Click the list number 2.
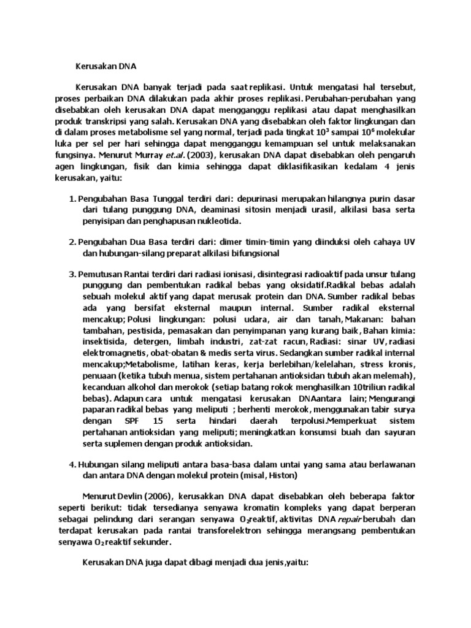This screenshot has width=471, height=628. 72,243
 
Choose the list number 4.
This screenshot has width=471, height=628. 72,465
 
